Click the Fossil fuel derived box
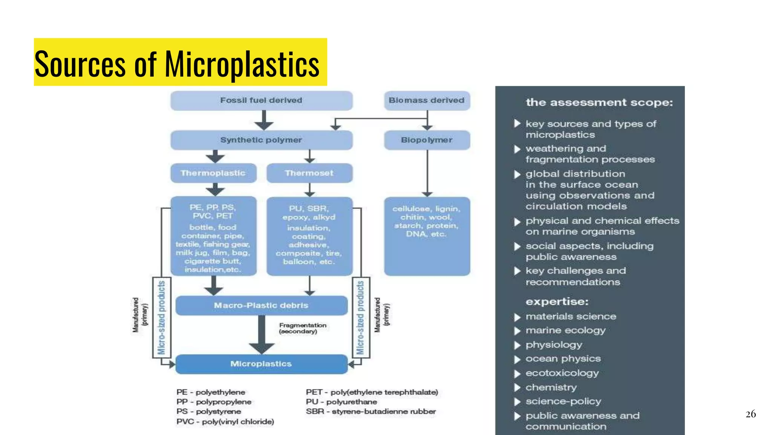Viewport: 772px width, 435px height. (261, 100)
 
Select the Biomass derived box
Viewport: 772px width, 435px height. (427, 100)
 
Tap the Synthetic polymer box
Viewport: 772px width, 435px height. (261, 140)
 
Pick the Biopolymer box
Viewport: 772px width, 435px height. (427, 140)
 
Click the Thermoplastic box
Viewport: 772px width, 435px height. (213, 173)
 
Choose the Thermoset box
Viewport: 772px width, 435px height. (309, 173)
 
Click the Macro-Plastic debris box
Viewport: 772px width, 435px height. (261, 305)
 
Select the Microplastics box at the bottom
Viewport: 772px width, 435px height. (261, 364)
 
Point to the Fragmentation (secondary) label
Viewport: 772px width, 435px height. (302, 328)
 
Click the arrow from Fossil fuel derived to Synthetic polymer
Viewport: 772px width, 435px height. (264, 120)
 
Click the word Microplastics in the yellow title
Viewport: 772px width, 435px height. (242, 64)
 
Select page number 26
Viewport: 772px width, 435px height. (751, 414)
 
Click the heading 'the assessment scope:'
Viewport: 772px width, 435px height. (599, 103)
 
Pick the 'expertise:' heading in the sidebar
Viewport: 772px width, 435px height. (557, 302)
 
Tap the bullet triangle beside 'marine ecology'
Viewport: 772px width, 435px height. (517, 331)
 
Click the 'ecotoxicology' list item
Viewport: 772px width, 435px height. (562, 373)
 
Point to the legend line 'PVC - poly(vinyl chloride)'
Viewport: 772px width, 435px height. (225, 422)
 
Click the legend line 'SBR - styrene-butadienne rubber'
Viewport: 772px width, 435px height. (371, 412)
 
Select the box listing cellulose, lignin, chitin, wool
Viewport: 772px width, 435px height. (427, 236)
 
